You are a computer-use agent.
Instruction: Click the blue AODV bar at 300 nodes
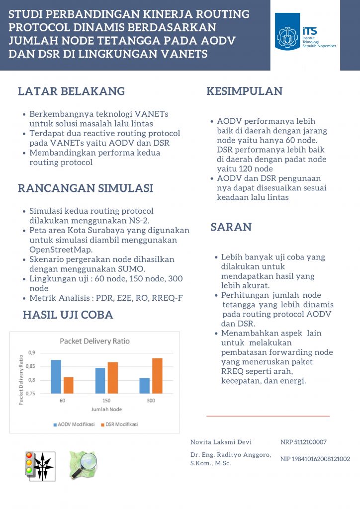[x=145, y=386]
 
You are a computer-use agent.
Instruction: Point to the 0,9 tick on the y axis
[x=31, y=352]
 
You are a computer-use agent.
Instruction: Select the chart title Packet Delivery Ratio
[x=94, y=341]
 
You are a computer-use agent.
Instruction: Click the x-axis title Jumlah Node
[x=106, y=409]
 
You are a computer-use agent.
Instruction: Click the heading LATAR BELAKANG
[x=71, y=91]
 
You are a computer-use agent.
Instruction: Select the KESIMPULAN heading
[x=244, y=91]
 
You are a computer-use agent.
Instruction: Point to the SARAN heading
[x=231, y=227]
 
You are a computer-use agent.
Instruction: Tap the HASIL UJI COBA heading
[x=68, y=315]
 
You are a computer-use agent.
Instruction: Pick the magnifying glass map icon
[x=83, y=465]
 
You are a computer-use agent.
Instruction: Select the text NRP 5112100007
[x=303, y=442]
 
